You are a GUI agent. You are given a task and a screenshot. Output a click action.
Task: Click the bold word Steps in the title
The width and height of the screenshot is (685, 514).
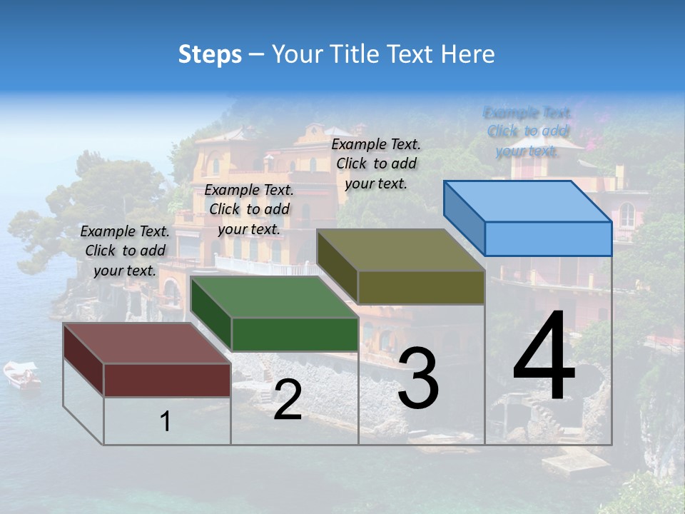[210, 54]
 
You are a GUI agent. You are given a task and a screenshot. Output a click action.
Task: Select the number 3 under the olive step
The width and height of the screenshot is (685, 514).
[418, 378]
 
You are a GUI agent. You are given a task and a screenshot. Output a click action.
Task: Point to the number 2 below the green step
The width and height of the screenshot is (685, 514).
[288, 400]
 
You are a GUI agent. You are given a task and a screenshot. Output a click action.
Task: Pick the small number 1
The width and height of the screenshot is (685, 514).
[166, 422]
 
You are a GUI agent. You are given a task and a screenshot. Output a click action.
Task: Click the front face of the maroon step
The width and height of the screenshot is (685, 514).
[167, 380]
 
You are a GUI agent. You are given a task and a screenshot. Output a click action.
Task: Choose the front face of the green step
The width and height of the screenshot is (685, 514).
[295, 334]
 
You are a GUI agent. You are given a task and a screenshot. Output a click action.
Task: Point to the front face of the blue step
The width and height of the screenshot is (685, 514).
[548, 238]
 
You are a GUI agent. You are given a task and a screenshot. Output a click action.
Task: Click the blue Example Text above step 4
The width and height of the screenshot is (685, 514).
[528, 131]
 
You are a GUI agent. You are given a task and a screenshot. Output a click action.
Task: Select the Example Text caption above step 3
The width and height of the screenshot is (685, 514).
[376, 163]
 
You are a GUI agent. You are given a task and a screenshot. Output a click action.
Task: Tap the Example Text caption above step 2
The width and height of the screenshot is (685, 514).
[249, 209]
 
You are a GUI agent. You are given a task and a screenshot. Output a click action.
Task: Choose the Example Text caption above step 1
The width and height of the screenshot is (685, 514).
[125, 251]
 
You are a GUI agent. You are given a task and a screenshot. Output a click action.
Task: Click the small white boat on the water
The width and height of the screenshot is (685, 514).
[22, 374]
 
